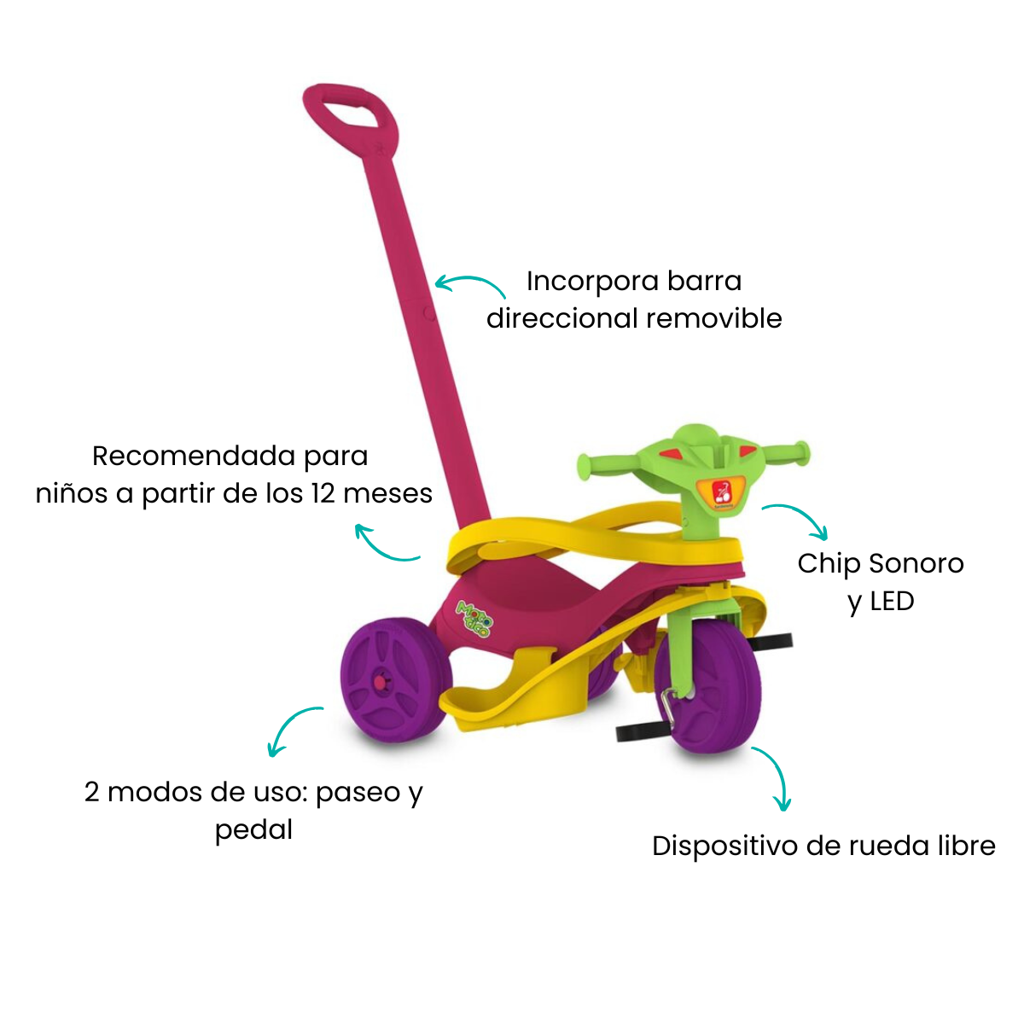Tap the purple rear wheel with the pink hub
395,681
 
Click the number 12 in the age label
323,493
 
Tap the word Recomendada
194,456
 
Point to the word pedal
254,830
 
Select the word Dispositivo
724,846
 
